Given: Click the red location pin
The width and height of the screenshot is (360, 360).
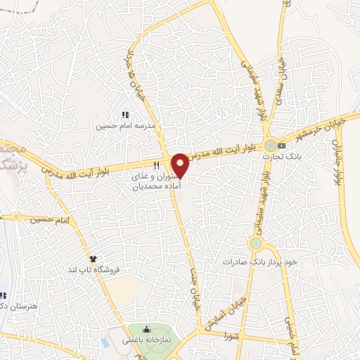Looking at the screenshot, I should (x=181, y=165).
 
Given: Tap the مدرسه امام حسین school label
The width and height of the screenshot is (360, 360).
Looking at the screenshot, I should (x=124, y=127).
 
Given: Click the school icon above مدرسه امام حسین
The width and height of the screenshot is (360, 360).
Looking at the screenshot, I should (x=124, y=115).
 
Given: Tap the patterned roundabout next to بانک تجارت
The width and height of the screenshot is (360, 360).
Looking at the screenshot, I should (x=270, y=146).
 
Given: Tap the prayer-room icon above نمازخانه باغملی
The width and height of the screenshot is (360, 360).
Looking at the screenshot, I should (x=146, y=329).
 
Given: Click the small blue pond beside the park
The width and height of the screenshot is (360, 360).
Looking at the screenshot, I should (x=105, y=342).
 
